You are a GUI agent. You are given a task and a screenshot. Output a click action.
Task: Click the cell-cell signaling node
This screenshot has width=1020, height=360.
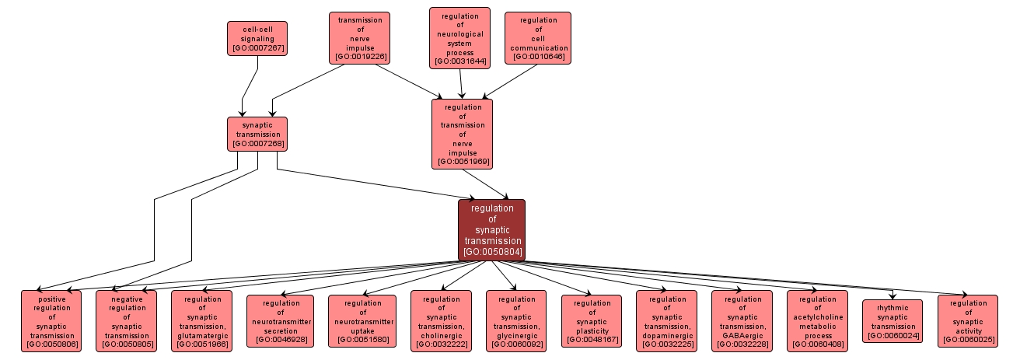(257, 38)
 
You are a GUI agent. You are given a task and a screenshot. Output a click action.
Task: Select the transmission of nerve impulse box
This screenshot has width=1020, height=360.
(358, 37)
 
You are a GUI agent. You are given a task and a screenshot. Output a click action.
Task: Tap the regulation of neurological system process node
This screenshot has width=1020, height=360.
(459, 38)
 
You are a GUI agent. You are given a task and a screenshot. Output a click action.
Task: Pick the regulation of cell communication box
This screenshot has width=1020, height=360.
(538, 38)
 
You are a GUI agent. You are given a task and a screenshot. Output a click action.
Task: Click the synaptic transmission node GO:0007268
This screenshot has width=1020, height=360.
(257, 134)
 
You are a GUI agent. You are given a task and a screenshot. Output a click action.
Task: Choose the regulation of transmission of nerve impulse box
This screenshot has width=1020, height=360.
(462, 134)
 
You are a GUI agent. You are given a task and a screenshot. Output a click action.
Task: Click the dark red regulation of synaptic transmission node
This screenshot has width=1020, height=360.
(491, 230)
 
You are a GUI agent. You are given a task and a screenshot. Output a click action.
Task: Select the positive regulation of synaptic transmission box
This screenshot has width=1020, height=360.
(51, 321)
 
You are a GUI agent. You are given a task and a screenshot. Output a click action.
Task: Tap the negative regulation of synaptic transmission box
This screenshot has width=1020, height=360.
(126, 321)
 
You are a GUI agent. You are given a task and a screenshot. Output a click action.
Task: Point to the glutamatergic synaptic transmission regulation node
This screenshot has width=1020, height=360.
(201, 321)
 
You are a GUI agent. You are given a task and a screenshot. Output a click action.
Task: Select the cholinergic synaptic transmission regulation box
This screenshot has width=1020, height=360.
(441, 321)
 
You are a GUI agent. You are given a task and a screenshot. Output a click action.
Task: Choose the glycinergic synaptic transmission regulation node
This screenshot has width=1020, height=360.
(516, 321)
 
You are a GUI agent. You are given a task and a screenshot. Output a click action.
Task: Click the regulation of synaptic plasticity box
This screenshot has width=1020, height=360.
(592, 321)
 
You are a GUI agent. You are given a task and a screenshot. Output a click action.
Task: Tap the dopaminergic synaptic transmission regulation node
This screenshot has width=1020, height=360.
(666, 321)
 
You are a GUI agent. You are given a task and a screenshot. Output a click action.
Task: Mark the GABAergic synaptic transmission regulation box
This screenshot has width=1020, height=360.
(742, 321)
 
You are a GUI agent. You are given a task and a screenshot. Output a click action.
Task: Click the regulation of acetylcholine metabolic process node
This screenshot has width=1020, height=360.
(817, 321)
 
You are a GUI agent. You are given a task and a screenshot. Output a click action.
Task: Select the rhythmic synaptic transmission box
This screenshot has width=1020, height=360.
(892, 321)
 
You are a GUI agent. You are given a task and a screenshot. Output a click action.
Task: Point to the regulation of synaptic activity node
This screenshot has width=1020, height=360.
(967, 321)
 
